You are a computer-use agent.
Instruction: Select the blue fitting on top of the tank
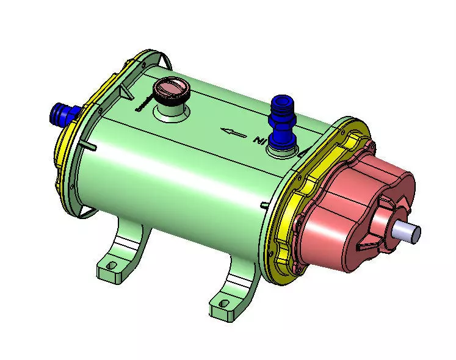pyautogui.click(x=282, y=123)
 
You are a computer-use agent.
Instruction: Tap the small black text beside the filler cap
pyautogui.click(x=142, y=104)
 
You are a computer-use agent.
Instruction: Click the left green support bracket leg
pyautogui.click(x=125, y=244)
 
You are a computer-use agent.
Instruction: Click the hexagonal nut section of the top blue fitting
pyautogui.click(x=282, y=129)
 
